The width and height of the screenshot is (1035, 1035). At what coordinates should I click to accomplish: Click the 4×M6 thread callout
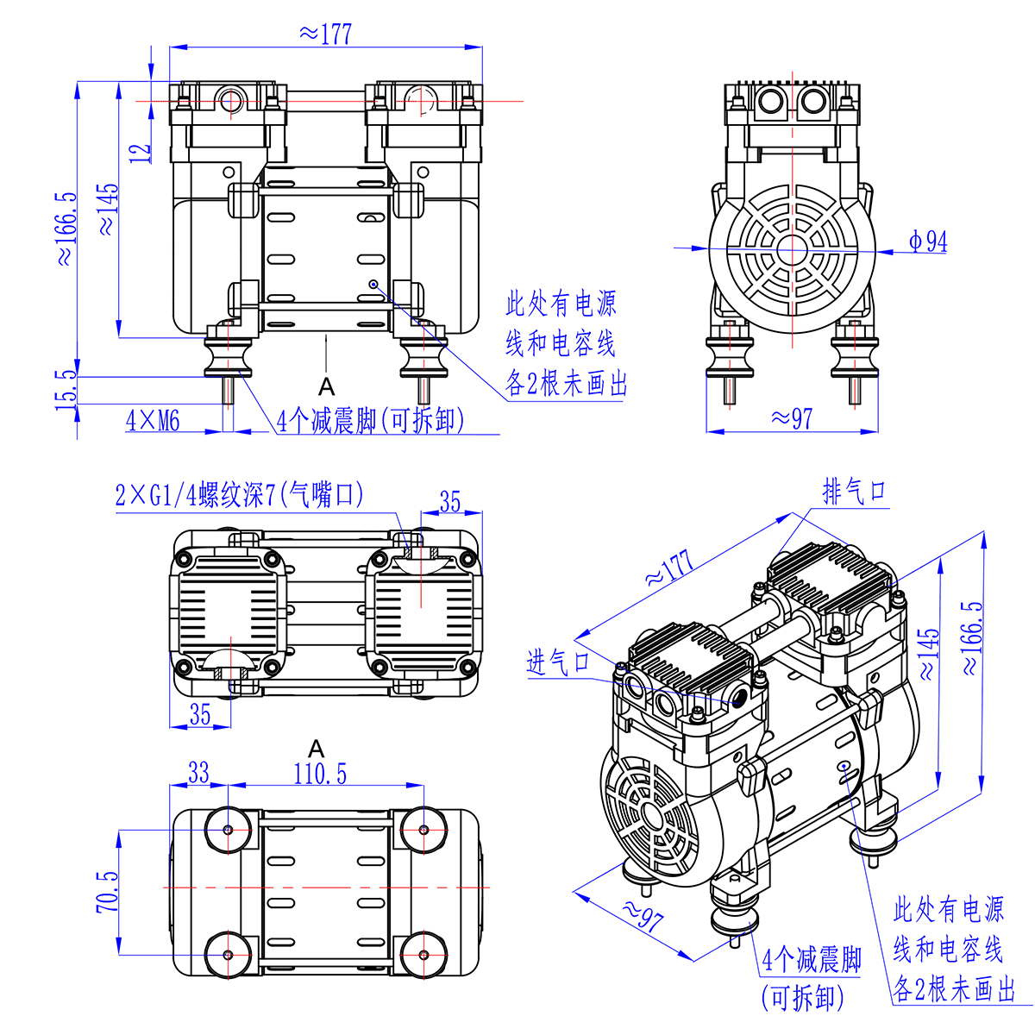click(153, 421)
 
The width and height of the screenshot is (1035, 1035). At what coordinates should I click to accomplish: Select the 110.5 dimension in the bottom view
click(320, 773)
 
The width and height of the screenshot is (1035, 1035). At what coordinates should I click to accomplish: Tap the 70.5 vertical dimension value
click(108, 892)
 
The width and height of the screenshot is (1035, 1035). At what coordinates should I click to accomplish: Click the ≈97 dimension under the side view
click(792, 418)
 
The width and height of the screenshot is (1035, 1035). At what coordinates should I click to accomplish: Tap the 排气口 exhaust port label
click(854, 492)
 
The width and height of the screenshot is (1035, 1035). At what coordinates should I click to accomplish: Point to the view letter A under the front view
click(326, 385)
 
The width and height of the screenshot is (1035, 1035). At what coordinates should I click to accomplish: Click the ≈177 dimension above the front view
click(325, 34)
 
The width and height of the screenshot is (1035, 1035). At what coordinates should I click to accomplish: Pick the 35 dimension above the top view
click(450, 502)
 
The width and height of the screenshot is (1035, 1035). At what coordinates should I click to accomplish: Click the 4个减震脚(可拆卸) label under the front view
click(371, 421)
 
